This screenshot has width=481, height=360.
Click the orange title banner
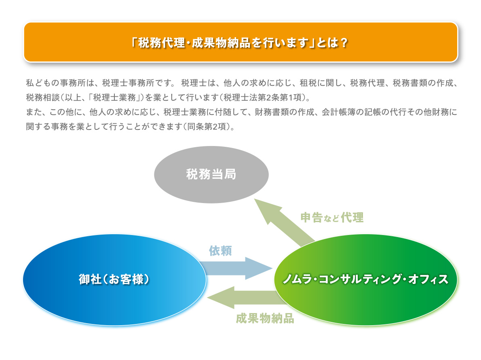click(240, 42)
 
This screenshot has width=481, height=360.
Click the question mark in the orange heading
click(344, 42)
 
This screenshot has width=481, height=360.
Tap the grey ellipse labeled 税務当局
click(211, 174)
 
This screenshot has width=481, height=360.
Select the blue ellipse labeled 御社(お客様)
click(114, 280)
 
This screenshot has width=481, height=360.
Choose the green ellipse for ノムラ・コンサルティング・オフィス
click(366, 280)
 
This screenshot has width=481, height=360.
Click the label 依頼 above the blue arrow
click(220, 251)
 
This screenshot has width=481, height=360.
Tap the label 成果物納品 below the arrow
click(265, 319)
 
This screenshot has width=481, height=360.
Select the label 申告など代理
click(332, 217)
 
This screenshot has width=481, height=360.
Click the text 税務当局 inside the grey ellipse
click(211, 174)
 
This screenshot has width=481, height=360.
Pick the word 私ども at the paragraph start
click(39, 83)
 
